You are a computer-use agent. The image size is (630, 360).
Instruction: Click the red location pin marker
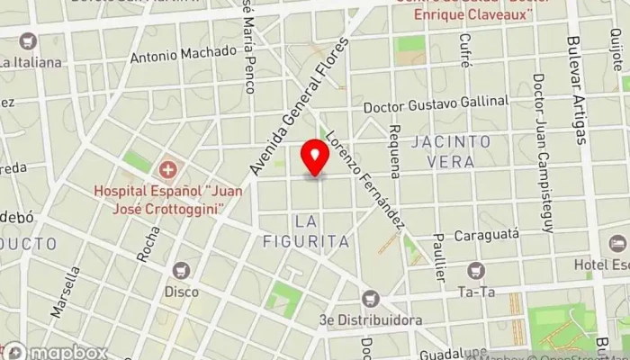[x=315, y=157]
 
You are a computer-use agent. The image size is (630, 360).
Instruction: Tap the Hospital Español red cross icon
[x=168, y=169]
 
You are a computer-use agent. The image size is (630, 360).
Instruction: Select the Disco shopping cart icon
[x=182, y=269]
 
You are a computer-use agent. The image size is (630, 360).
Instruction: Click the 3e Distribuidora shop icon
[x=370, y=298]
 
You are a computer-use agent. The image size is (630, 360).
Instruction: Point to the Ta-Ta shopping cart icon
[x=475, y=269]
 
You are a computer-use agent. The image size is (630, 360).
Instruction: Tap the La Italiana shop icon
[x=27, y=40]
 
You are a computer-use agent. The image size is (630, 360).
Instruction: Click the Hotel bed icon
[x=617, y=243]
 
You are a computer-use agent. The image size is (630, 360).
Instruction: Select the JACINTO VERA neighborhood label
[x=452, y=150]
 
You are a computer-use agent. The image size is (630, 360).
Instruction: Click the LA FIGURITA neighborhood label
[x=305, y=230]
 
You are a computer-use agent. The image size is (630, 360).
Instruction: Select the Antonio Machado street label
[x=183, y=54]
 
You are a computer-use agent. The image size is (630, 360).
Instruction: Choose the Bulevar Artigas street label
[x=577, y=90]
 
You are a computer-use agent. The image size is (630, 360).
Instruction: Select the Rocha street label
[x=148, y=242]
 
